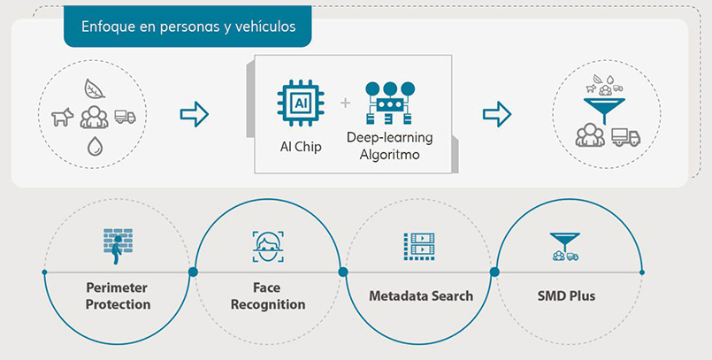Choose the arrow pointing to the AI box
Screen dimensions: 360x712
(x=194, y=113)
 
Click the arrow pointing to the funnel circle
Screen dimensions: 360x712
(x=496, y=113)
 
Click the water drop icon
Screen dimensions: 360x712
(x=93, y=147)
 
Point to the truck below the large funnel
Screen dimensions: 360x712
(x=625, y=136)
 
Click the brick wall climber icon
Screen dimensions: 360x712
(x=118, y=246)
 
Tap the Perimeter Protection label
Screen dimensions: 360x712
(x=118, y=296)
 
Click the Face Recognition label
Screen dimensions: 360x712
(x=267, y=296)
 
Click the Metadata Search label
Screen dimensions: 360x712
(x=420, y=295)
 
